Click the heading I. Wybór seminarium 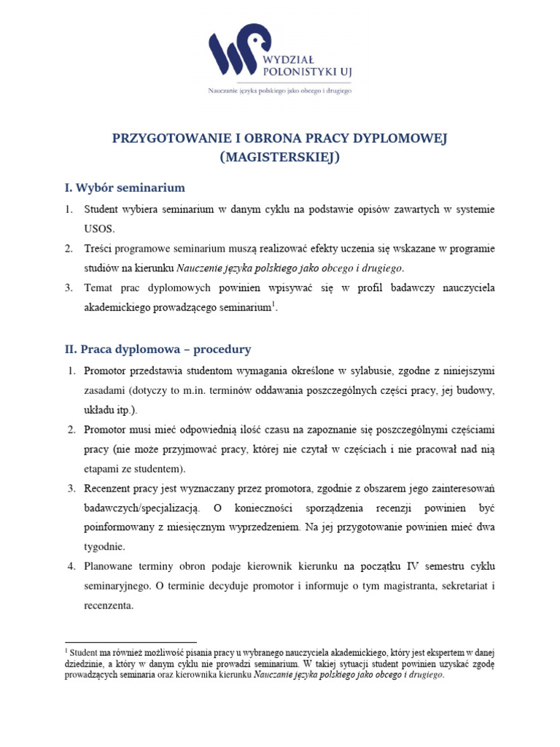(125, 187)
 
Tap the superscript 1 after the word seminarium (273, 304)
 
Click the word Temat (100, 287)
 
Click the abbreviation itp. (125, 409)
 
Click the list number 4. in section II (72, 567)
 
